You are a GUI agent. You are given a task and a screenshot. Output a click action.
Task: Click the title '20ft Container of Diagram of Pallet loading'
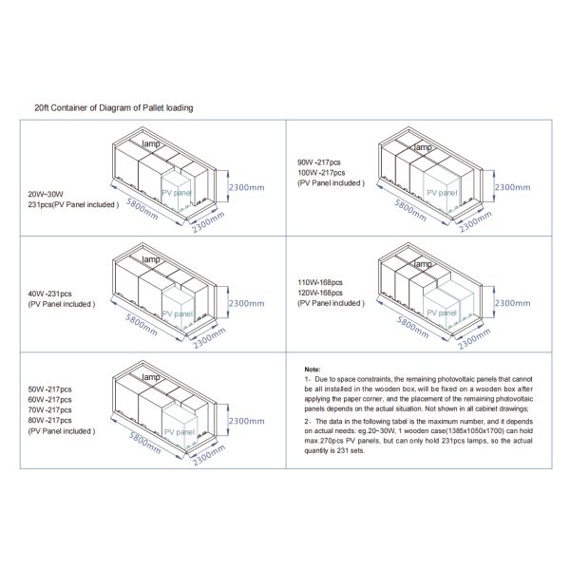(x=113, y=108)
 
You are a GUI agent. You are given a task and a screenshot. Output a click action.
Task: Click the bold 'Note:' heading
(x=313, y=368)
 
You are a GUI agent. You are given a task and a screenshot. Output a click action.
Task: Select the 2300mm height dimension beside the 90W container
(x=515, y=186)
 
